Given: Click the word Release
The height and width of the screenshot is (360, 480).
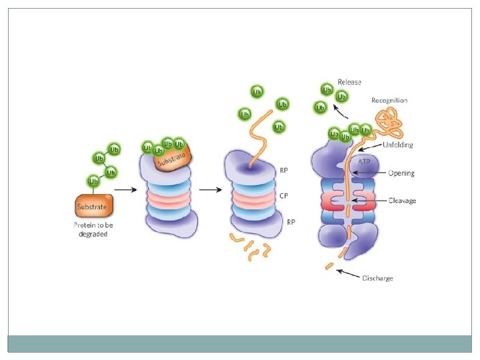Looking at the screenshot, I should (x=349, y=82).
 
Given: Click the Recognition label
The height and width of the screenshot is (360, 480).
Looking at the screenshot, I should (x=389, y=101).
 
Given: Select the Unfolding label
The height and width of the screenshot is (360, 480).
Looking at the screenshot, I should (x=397, y=145).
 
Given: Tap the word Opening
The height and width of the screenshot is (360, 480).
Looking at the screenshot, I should (x=401, y=173).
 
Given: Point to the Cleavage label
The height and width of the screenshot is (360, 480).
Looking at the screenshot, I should (x=402, y=200).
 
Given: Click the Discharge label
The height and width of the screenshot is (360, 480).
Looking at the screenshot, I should (x=377, y=278).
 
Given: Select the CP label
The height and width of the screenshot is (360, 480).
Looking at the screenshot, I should (x=283, y=195).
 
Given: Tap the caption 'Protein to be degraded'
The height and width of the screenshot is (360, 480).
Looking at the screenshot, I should (x=93, y=229).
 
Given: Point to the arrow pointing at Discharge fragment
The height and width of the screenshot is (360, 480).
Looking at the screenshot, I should (x=348, y=273).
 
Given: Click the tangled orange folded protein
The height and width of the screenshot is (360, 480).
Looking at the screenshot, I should (x=388, y=122).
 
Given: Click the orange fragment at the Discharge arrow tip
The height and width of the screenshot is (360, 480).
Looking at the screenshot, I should (x=329, y=267).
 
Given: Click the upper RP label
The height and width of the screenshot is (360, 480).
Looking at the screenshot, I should (x=283, y=169).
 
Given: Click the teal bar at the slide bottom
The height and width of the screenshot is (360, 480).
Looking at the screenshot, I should (x=239, y=343).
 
